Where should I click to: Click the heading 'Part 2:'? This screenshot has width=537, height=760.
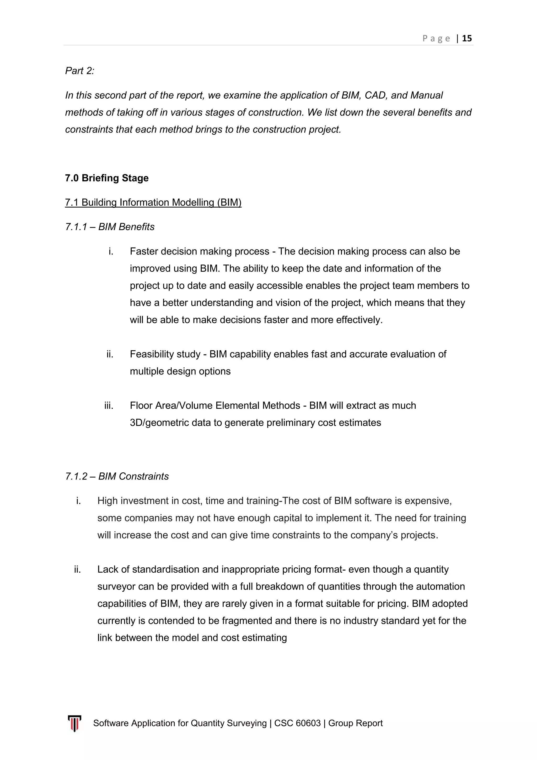pyautogui.click(x=80, y=71)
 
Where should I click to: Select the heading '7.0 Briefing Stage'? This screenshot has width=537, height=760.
pyautogui.click(x=107, y=178)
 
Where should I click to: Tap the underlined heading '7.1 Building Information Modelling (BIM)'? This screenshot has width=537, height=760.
pyautogui.click(x=153, y=202)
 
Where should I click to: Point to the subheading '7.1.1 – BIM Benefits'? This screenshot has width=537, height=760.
pyautogui.click(x=110, y=227)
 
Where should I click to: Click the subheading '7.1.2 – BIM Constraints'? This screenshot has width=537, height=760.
pyautogui.click(x=117, y=476)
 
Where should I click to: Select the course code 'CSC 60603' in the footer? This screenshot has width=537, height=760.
pyautogui.click(x=297, y=723)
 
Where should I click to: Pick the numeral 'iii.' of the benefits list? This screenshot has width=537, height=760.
pyautogui.click(x=109, y=405)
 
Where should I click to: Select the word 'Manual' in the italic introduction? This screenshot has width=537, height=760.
pyautogui.click(x=426, y=95)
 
